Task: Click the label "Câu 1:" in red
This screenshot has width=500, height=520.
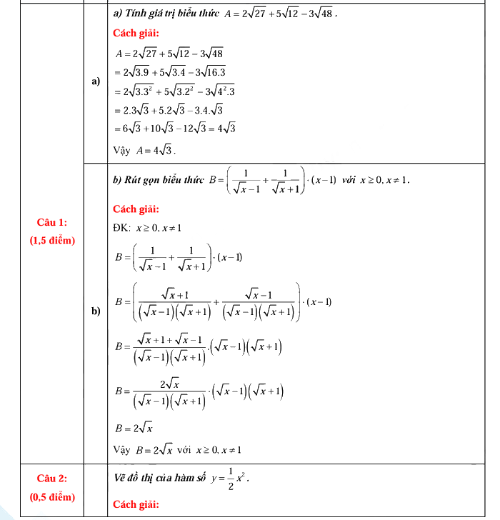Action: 52,224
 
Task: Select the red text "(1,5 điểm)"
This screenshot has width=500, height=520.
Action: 52,241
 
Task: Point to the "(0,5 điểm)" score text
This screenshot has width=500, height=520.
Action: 52,495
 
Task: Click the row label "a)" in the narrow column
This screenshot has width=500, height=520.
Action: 96,82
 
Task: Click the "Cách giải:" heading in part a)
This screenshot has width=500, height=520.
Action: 136,33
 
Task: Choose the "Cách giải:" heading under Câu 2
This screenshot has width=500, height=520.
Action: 136,505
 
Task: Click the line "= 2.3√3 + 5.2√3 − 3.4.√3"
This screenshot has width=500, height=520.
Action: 169,110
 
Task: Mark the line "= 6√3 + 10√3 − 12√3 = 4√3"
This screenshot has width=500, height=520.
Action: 175,129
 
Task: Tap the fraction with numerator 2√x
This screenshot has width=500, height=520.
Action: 169,393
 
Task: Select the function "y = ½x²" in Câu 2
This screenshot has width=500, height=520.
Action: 229,477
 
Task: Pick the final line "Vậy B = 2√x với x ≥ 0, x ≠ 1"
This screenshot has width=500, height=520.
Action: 178,450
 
